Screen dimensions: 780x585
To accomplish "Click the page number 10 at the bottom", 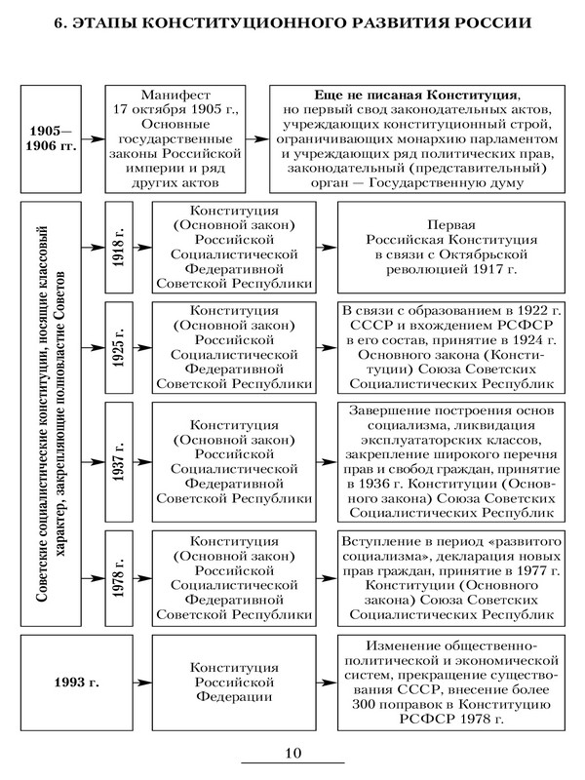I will (x=292, y=752).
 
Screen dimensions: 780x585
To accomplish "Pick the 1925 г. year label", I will (x=118, y=345).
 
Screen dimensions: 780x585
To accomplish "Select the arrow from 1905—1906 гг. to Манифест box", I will (x=94, y=138).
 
